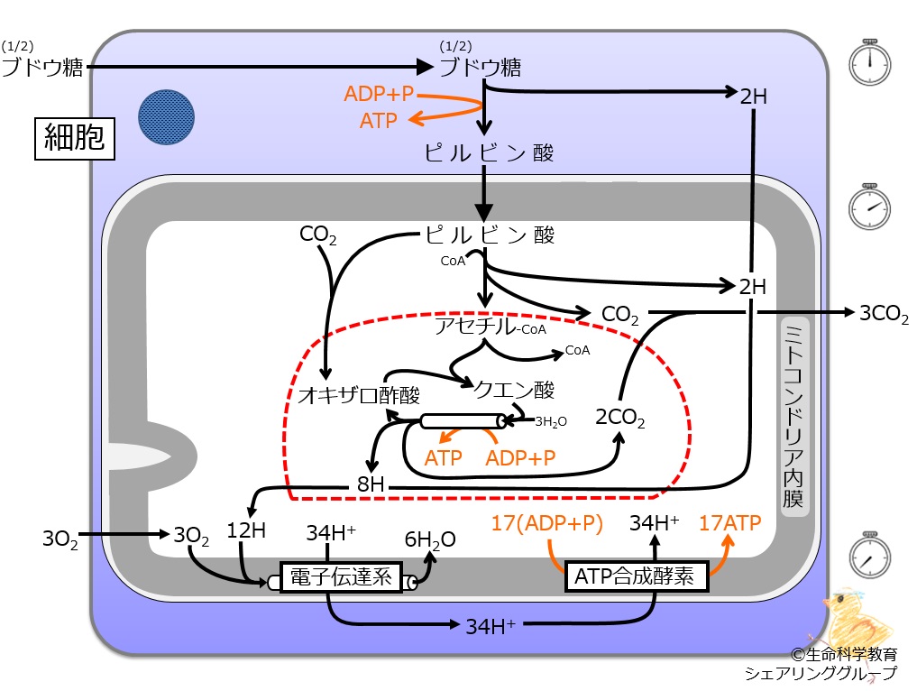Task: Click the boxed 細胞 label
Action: pyautogui.click(x=74, y=139)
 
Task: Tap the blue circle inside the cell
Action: pyautogui.click(x=166, y=117)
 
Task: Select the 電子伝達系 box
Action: pyautogui.click(x=341, y=577)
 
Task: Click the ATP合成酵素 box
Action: pyautogui.click(x=637, y=576)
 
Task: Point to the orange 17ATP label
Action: pyautogui.click(x=730, y=522)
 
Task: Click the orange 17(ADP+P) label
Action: pyautogui.click(x=546, y=523)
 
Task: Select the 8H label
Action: pyautogui.click(x=371, y=484)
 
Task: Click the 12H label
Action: pyautogui.click(x=245, y=530)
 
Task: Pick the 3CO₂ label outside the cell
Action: pyautogui.click(x=884, y=314)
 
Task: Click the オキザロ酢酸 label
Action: pyautogui.click(x=359, y=396)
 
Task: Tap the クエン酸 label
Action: pyautogui.click(x=513, y=390)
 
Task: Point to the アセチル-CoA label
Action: pyautogui.click(x=491, y=327)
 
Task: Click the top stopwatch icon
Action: pyautogui.click(x=869, y=62)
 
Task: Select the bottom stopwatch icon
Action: pyautogui.click(x=869, y=556)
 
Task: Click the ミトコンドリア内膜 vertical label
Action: pyautogui.click(x=794, y=417)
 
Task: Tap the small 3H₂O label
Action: pyautogui.click(x=550, y=421)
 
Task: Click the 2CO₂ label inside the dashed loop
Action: pyautogui.click(x=620, y=418)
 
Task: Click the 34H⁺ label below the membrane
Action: pyautogui.click(x=491, y=627)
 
